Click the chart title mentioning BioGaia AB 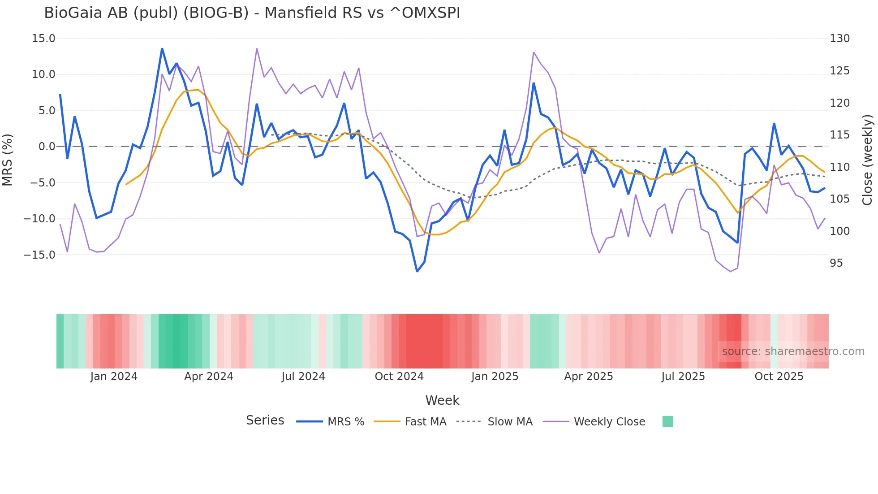pyautogui.click(x=252, y=13)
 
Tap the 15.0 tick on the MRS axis pyautogui.click(x=43, y=39)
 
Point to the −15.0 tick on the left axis pyautogui.click(x=39, y=255)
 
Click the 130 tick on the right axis pyautogui.click(x=839, y=39)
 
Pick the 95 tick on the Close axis pyautogui.click(x=836, y=263)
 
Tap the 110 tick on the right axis pyautogui.click(x=839, y=167)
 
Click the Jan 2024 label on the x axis pyautogui.click(x=114, y=377)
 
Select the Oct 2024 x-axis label pyautogui.click(x=399, y=377)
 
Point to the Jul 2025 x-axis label pyautogui.click(x=683, y=377)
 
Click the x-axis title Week pyautogui.click(x=442, y=400)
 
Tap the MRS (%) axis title pyautogui.click(x=8, y=160)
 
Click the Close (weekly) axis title pyautogui.click(x=868, y=160)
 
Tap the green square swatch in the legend pyautogui.click(x=667, y=421)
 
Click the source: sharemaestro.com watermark pyautogui.click(x=793, y=351)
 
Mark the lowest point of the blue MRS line pyautogui.click(x=417, y=271)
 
